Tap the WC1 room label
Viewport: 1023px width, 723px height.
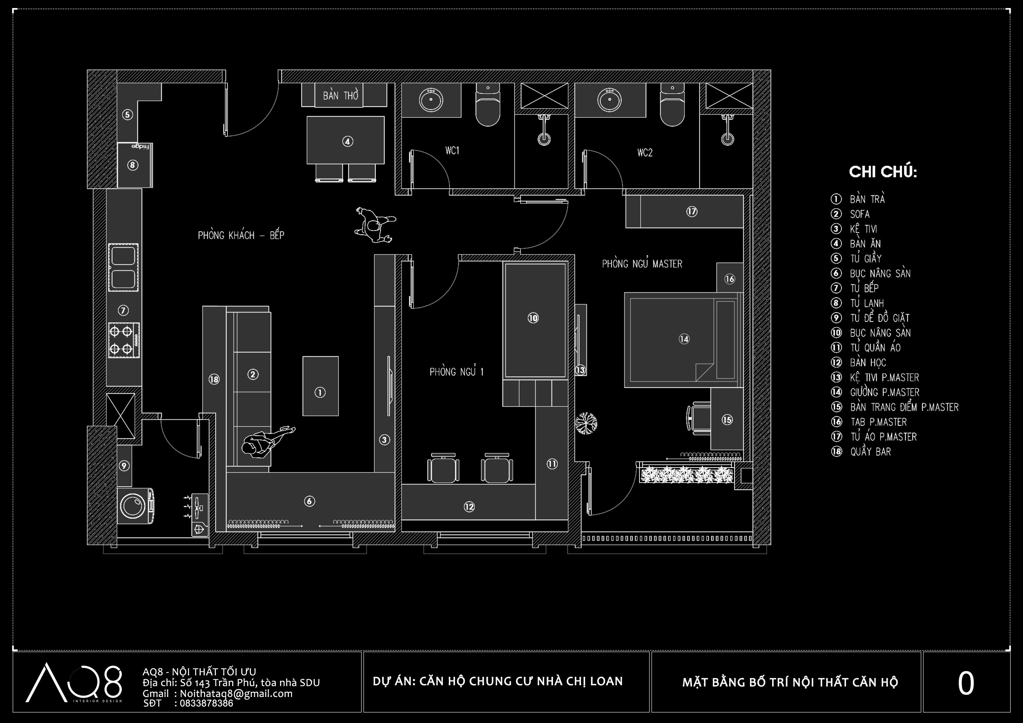[452, 151]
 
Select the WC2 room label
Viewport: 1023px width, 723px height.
[645, 153]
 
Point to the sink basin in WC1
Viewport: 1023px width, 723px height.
[431, 100]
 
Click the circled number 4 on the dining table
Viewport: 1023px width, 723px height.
[347, 142]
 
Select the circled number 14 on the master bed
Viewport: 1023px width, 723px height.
[684, 339]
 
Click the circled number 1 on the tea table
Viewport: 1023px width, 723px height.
[320, 392]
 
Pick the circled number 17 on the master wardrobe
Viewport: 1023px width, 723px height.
[691, 211]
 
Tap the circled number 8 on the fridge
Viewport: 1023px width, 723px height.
[132, 165]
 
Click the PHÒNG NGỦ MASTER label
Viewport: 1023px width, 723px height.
[642, 264]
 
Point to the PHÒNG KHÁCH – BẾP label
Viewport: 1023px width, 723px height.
[241, 235]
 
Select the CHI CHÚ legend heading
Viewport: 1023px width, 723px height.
[883, 172]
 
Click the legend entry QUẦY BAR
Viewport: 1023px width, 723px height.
[870, 451]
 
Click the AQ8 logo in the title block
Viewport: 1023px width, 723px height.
[74, 683]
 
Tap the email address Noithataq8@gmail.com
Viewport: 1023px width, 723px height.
[236, 694]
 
